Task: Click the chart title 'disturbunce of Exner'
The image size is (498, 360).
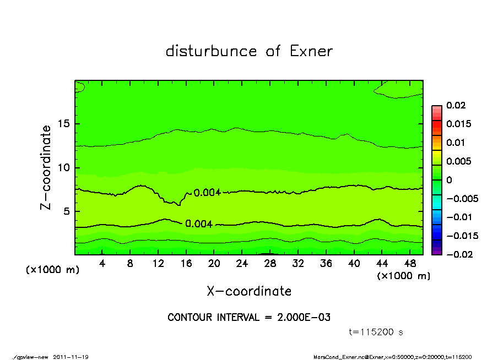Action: pos(249,51)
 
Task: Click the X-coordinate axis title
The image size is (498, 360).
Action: pos(249,291)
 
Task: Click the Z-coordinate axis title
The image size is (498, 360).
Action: pos(46,167)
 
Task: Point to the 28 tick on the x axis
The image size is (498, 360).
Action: pos(270,264)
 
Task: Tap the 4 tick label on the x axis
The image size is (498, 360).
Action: pos(102,264)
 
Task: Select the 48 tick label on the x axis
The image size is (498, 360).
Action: pos(410,264)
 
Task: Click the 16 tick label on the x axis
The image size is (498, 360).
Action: pos(186,264)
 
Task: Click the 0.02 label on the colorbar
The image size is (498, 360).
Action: pos(456,105)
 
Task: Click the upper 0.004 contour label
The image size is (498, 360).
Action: pos(207,192)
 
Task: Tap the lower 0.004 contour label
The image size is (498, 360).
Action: pos(199,223)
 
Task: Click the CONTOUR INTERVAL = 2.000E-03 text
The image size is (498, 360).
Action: pos(249,318)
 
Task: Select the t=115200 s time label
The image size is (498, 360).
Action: pos(376,332)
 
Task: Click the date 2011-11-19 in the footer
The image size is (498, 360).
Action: pos(71,357)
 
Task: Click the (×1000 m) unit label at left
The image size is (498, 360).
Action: pos(53,270)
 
